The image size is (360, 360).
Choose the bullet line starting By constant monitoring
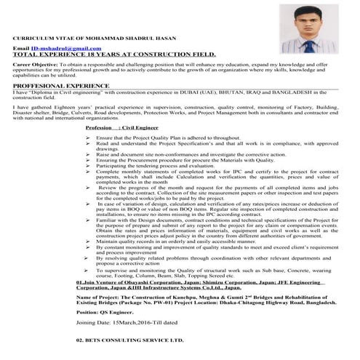[218, 247]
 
